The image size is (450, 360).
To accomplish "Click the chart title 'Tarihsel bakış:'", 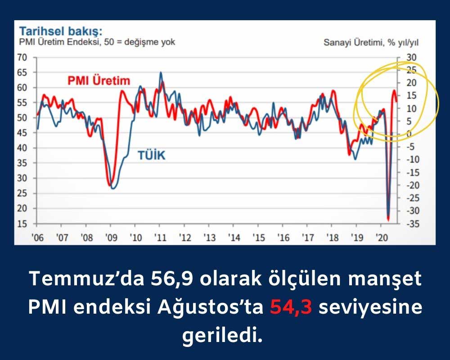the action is [61, 31].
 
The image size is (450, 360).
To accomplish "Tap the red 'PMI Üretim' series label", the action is [99, 81].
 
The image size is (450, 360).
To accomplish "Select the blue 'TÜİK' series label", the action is [152, 155].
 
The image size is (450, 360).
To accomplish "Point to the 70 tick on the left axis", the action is [22, 58].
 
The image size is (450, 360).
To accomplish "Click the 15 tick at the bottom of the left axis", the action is [22, 224].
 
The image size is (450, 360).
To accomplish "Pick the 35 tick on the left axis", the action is [22, 163].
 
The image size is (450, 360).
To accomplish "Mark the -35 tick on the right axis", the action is [413, 224].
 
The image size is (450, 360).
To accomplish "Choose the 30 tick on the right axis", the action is [411, 58].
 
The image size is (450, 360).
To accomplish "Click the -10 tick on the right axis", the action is [413, 159].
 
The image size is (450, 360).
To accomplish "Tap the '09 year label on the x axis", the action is [111, 238].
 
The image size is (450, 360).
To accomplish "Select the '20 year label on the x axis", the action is [382, 238].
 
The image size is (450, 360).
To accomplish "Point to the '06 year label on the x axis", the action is [37, 238].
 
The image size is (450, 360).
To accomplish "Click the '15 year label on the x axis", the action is [258, 238].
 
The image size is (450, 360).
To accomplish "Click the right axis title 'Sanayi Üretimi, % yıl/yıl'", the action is [371, 42].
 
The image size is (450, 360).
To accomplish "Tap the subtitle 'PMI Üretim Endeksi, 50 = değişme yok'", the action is [97, 42].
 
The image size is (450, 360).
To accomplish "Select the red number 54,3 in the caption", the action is [291, 307].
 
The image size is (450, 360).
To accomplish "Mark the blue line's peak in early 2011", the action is [161, 72].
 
